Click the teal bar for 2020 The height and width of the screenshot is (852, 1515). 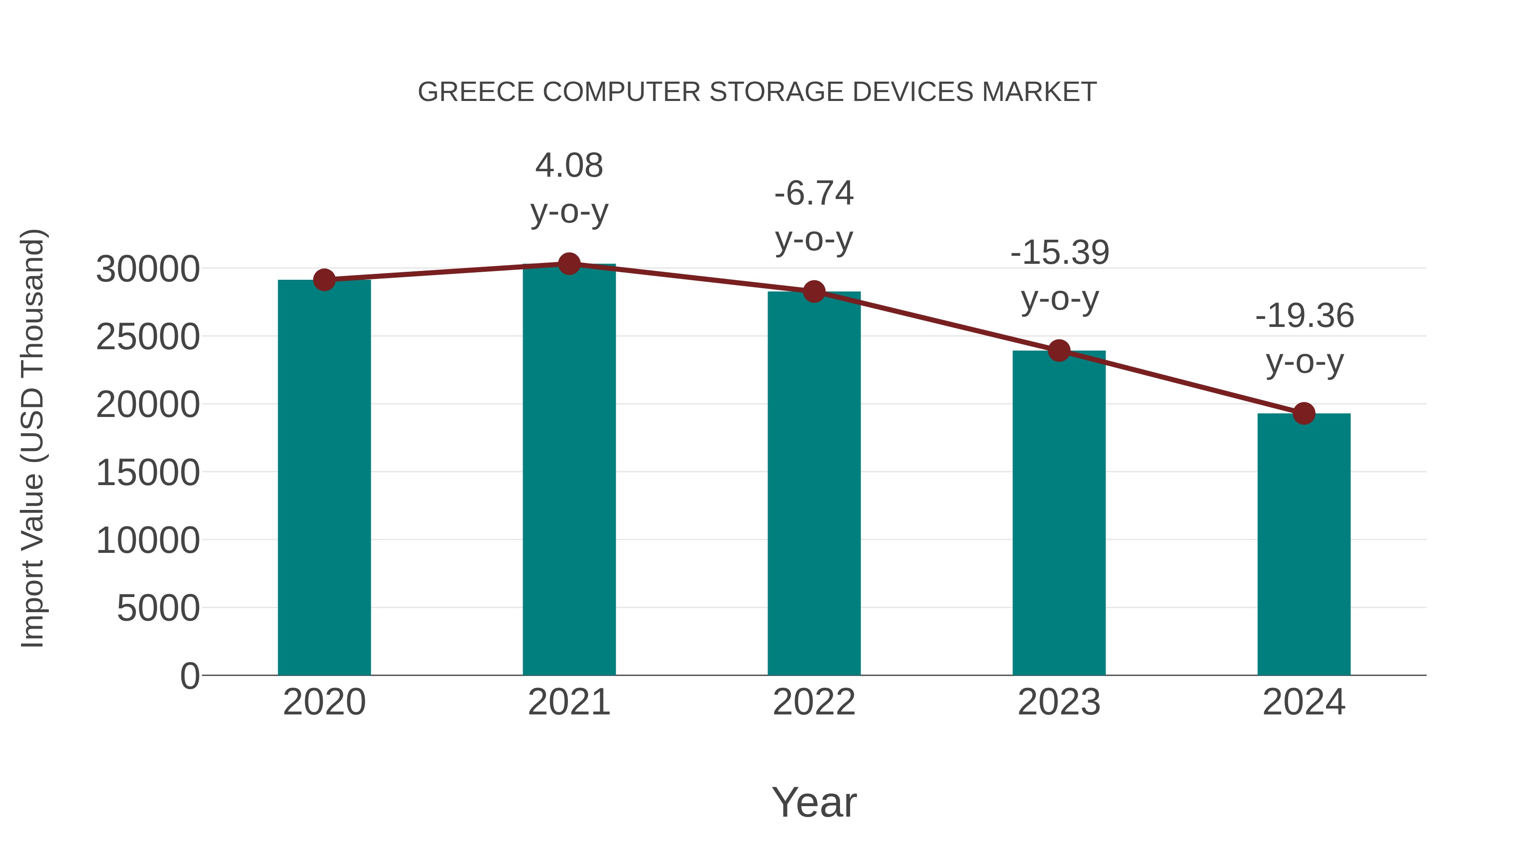(x=324, y=478)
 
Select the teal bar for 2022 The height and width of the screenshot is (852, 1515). (x=814, y=483)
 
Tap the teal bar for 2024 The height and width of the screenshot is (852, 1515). (x=1304, y=544)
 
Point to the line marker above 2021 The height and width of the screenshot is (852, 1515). (x=569, y=264)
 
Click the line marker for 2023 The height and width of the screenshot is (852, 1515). (x=1059, y=351)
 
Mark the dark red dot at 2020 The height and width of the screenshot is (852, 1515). (x=324, y=280)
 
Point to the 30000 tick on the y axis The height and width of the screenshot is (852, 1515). (x=148, y=269)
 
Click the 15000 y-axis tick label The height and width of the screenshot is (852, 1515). (x=148, y=473)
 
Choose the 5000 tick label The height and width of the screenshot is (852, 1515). (x=158, y=608)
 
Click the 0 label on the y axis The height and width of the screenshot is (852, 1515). (x=190, y=676)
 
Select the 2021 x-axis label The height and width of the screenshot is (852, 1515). (x=569, y=702)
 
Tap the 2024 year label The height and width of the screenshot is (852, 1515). (x=1304, y=702)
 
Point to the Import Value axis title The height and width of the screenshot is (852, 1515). (x=32, y=438)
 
